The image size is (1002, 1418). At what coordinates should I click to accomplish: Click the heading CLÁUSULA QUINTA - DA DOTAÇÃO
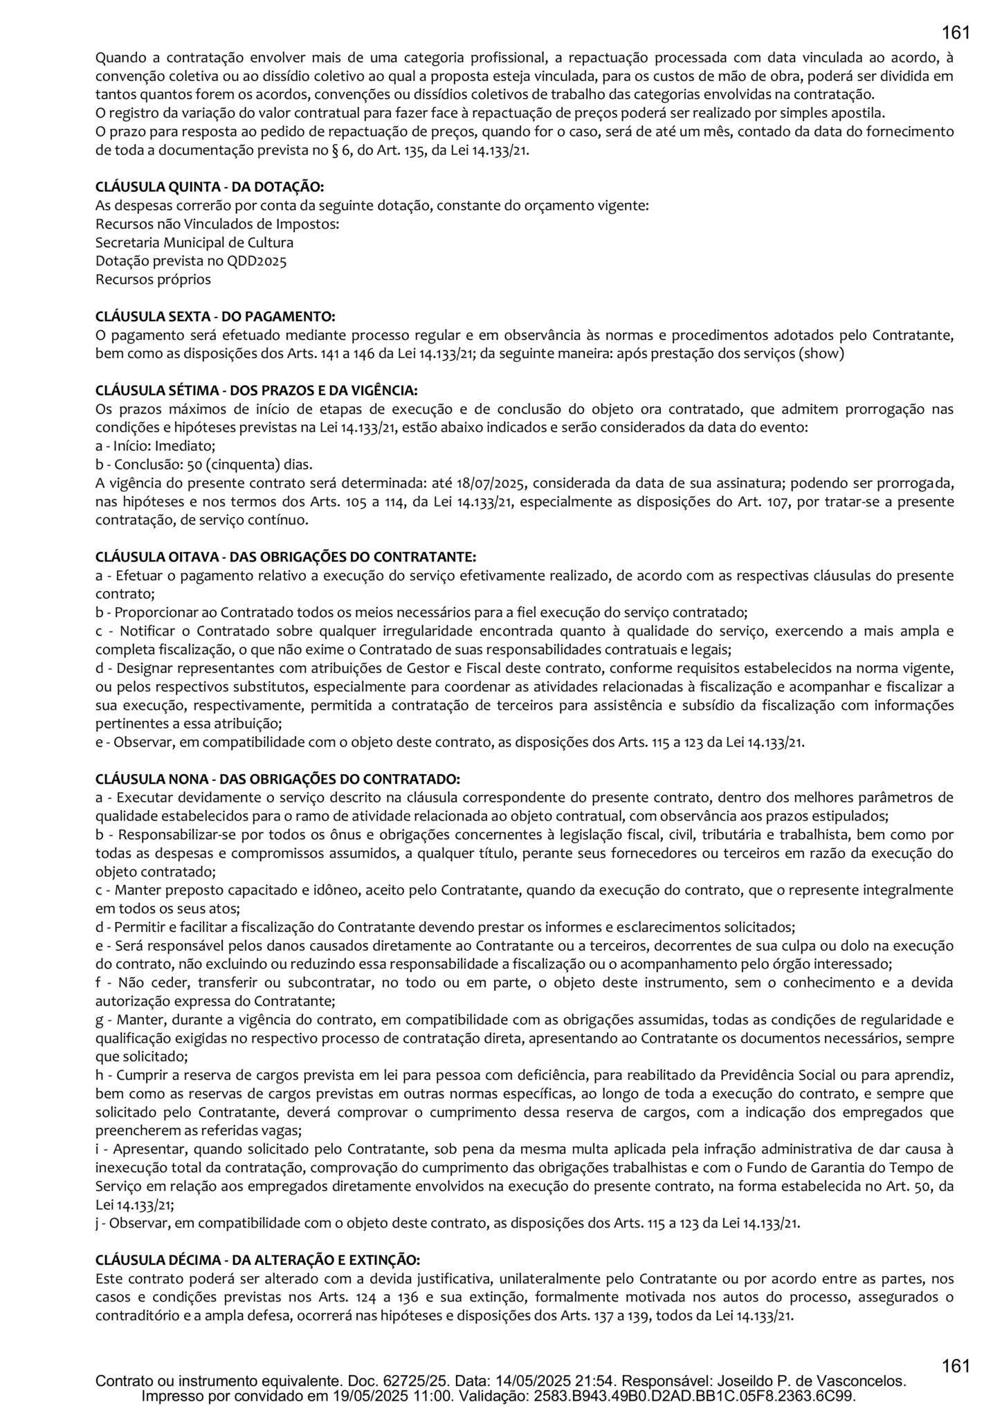pos(209,187)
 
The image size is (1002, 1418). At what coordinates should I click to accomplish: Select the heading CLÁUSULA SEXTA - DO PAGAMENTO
pos(215,316)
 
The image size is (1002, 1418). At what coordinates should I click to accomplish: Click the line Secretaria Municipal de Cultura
pos(194,242)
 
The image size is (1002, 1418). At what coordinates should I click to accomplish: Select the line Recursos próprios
pos(153,280)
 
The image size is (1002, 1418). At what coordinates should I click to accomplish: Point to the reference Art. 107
pos(769,501)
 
